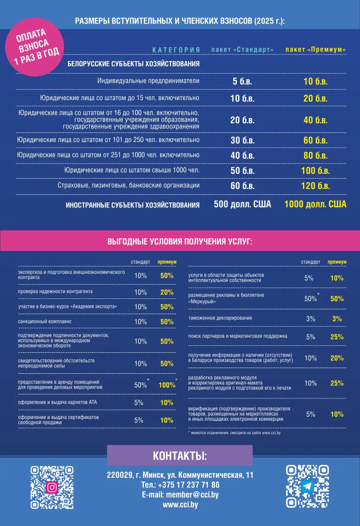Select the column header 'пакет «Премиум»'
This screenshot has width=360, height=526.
[315, 50]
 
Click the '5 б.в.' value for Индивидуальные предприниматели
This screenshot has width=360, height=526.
[242, 81]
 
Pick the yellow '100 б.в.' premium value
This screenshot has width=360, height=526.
[315, 171]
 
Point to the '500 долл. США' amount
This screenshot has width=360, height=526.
[242, 204]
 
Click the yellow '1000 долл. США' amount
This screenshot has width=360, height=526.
[315, 204]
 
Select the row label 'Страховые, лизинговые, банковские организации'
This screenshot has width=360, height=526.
[128, 186]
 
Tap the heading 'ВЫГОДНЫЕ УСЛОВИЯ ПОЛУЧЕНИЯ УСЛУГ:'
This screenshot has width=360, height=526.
[180, 241]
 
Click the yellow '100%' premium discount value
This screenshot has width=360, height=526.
[167, 385]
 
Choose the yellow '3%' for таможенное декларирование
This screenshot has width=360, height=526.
[337, 319]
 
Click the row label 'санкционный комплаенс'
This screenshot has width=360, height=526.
[44, 322]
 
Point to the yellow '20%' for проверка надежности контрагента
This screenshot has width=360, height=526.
[167, 292]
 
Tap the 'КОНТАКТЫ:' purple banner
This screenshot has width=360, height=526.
[180, 455]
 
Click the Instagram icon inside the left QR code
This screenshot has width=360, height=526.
[52, 487]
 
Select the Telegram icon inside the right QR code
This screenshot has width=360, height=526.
[307, 486]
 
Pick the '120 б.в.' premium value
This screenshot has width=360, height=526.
[315, 186]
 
